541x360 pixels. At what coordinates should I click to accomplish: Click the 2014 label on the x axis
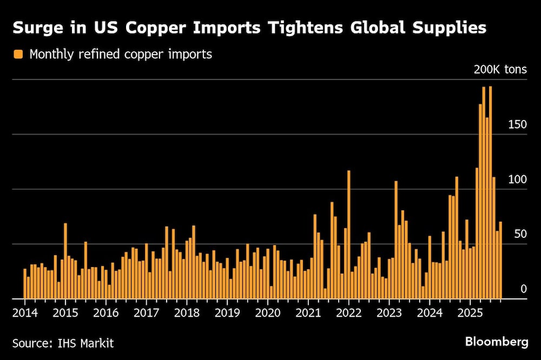25,312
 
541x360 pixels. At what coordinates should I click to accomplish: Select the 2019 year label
227,312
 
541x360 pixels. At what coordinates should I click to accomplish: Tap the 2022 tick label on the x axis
348,312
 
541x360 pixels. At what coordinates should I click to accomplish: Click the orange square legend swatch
18,54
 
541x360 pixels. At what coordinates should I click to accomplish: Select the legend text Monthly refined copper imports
121,54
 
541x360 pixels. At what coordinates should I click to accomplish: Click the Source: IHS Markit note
63,343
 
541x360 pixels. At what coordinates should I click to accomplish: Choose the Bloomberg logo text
497,342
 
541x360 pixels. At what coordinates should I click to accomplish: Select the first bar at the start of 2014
25,283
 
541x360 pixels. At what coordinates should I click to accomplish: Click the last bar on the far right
500,260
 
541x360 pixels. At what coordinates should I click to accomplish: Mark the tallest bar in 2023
396,239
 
